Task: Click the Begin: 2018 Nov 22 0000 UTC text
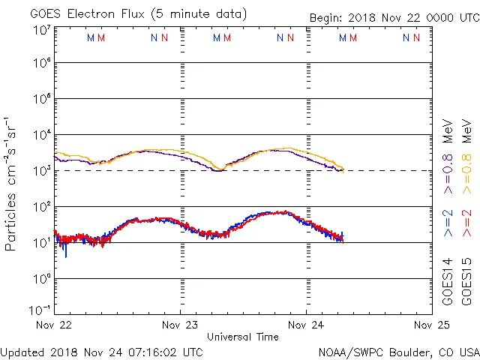[392, 18]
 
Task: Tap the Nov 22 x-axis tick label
[54, 325]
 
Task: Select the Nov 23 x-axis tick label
[180, 325]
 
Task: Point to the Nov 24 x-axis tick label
[306, 325]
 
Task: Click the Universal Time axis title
[243, 337]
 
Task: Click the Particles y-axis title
[11, 183]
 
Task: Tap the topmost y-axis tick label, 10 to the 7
[40, 30]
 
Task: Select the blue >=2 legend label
[448, 223]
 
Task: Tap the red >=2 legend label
[466, 223]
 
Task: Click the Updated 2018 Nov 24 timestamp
[101, 352]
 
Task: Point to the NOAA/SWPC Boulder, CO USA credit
[398, 352]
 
